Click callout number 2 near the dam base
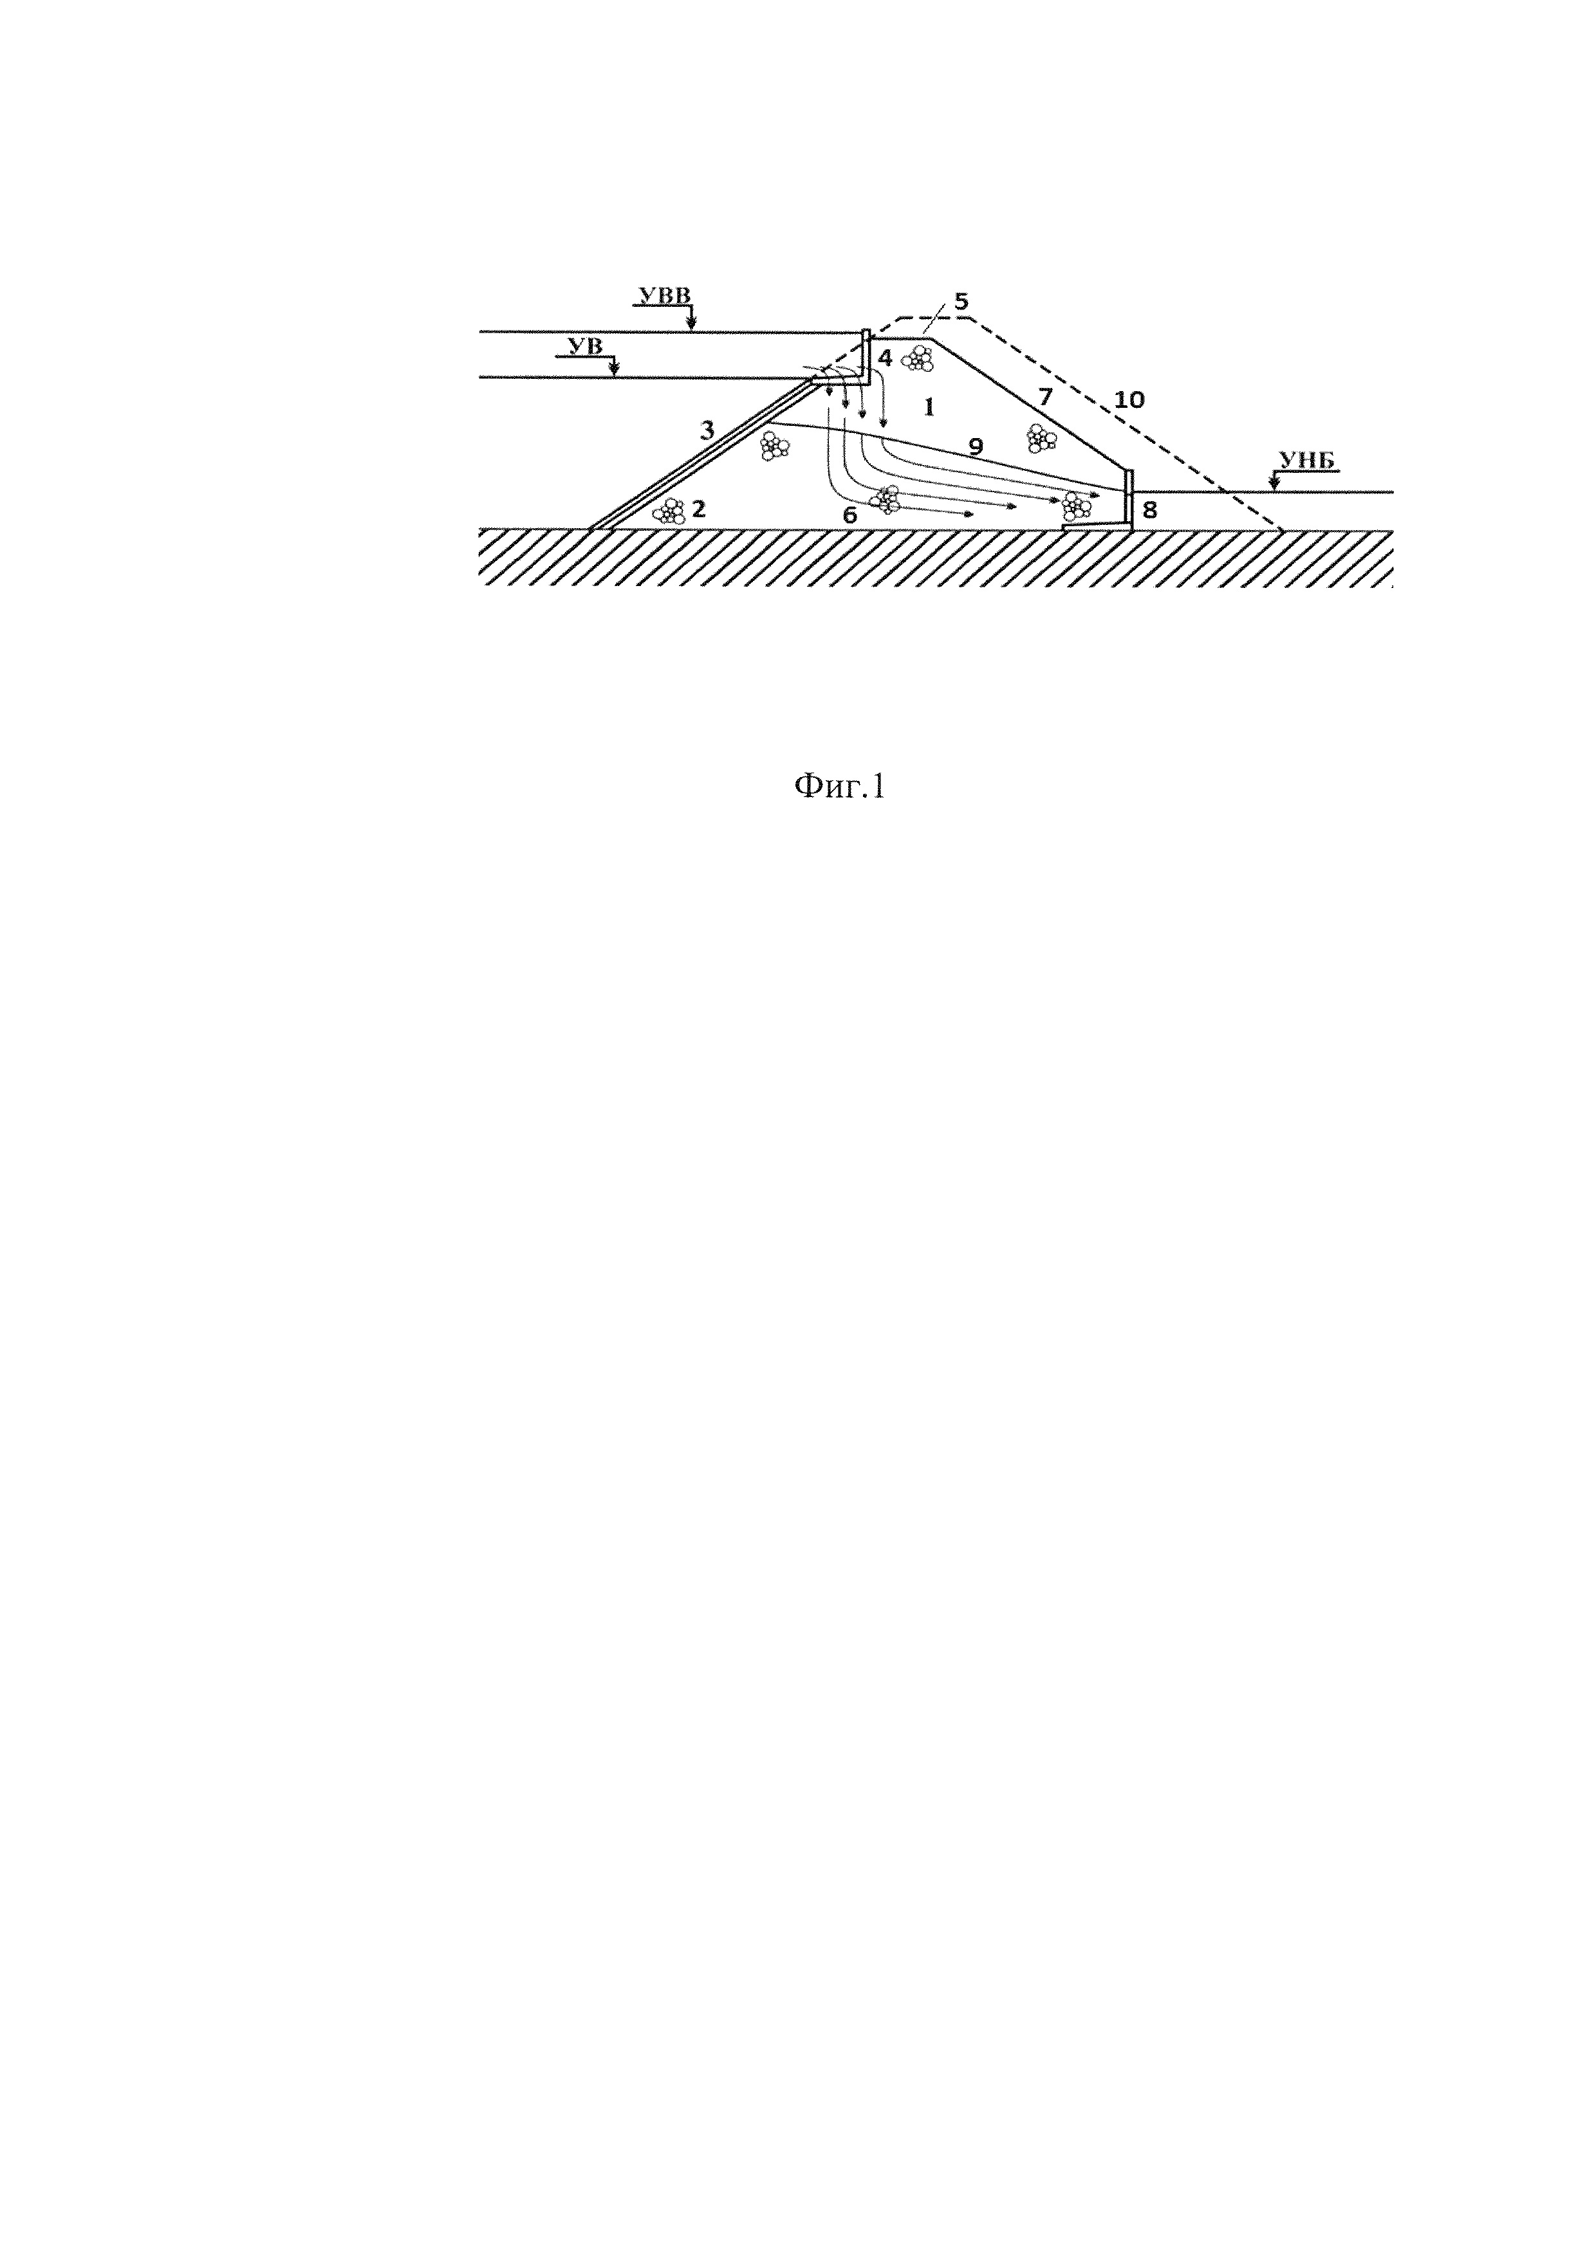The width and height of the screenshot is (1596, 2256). [x=699, y=508]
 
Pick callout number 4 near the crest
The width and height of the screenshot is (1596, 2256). [x=884, y=358]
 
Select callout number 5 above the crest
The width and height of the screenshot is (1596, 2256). [x=960, y=298]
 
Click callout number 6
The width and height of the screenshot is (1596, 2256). [x=849, y=514]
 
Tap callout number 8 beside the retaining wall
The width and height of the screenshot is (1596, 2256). [x=1150, y=510]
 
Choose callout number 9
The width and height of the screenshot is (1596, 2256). [x=975, y=446]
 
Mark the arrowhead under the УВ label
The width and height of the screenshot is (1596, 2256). [x=614, y=371]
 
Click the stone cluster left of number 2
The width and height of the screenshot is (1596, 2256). [x=669, y=511]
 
